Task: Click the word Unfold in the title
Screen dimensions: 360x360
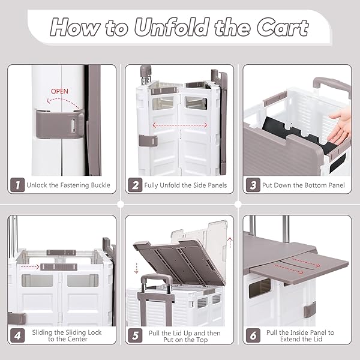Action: (x=172, y=27)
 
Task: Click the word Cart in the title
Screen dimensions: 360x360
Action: (x=282, y=28)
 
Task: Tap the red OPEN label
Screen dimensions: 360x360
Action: (x=59, y=91)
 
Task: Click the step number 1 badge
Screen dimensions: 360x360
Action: (x=17, y=185)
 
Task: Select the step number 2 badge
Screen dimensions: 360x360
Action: (x=135, y=185)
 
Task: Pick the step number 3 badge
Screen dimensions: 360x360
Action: (x=253, y=185)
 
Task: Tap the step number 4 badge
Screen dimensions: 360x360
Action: (x=17, y=335)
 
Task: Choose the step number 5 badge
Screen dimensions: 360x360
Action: (x=135, y=335)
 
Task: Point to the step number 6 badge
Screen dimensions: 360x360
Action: (x=253, y=335)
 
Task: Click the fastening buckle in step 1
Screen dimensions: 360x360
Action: (x=59, y=124)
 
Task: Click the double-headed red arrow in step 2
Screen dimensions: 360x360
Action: (x=180, y=125)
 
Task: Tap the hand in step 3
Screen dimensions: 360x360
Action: (x=339, y=127)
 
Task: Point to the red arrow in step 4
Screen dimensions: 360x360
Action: (x=30, y=267)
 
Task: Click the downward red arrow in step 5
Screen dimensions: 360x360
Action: (x=136, y=268)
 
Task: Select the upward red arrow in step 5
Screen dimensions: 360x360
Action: (x=230, y=243)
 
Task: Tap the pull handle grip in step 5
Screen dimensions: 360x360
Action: (x=157, y=278)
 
